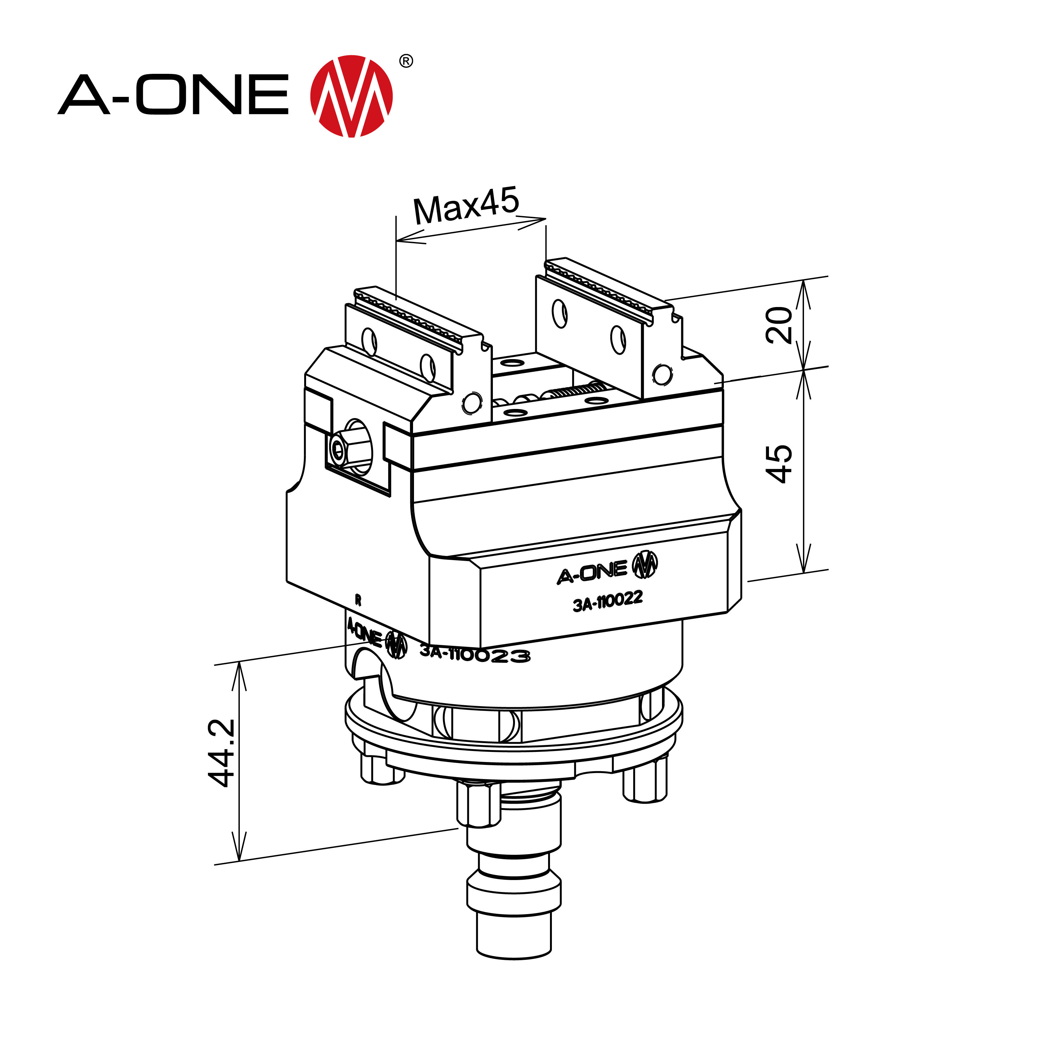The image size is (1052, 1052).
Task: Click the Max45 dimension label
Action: tap(465, 206)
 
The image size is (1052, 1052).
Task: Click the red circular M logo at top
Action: tap(351, 96)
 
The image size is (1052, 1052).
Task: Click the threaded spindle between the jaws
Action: tap(577, 390)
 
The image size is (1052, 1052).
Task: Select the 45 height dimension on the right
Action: tap(779, 464)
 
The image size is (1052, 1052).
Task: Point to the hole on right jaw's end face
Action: tap(662, 374)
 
